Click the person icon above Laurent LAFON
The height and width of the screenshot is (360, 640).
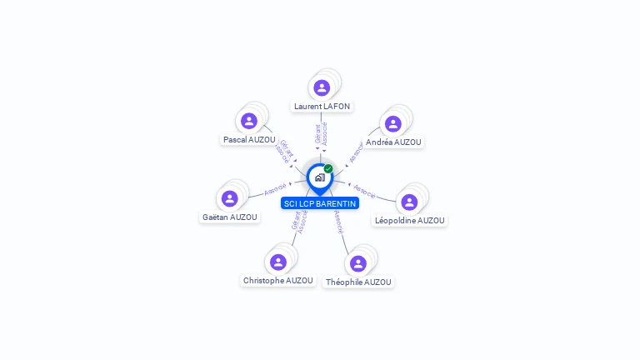[322, 87]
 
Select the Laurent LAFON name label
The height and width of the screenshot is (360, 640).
[322, 107]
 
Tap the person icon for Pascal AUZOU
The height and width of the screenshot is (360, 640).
[248, 121]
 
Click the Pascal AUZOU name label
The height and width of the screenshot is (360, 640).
[249, 140]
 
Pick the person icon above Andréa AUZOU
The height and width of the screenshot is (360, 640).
[393, 123]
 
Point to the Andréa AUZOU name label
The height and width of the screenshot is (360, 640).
[393, 142]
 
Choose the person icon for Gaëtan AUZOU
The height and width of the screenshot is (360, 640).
[230, 198]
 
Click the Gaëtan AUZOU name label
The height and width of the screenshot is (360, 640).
[230, 217]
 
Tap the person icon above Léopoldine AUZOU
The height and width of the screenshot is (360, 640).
[409, 202]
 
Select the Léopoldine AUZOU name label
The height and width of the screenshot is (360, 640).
[410, 221]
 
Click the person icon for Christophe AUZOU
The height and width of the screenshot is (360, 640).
[278, 262]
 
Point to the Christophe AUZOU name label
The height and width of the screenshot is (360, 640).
[278, 281]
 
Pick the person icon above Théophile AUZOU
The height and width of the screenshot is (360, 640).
[358, 263]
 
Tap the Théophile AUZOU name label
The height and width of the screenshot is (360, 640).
[358, 282]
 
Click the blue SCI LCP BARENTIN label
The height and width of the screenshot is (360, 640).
[320, 203]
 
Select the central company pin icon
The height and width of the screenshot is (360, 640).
[319, 177]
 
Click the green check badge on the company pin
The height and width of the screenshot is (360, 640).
[328, 168]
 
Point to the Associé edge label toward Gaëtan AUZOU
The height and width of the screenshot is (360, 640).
[275, 189]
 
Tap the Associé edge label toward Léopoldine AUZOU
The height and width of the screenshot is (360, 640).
[364, 190]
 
